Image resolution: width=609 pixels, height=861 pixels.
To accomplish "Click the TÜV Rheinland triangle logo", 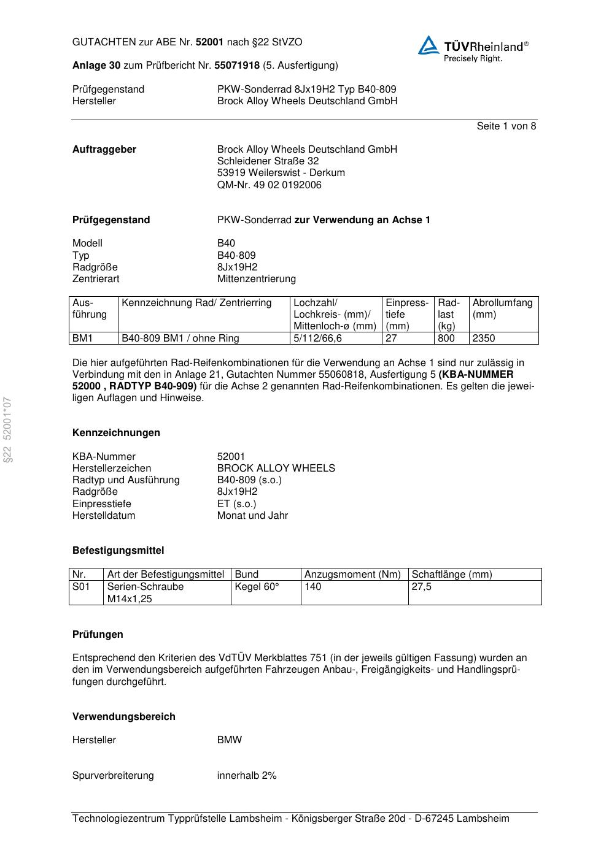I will (x=429, y=45).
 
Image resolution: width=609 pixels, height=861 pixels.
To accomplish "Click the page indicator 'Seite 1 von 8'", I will (x=506, y=126).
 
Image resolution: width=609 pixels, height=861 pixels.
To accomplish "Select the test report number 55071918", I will (x=236, y=66).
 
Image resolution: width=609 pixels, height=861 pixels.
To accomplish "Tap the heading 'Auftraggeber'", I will (x=104, y=150).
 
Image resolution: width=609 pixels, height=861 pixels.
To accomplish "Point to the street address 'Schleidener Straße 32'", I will (x=268, y=161).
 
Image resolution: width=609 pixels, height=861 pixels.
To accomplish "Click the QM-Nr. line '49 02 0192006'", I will (x=269, y=185).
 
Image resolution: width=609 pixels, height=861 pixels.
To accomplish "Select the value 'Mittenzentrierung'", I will (x=256, y=279).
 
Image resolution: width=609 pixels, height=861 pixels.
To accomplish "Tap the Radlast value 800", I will (x=446, y=339).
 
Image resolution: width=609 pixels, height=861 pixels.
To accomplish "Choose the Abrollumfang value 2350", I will (x=484, y=339).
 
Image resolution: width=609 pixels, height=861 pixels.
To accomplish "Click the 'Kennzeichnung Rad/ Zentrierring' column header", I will (x=196, y=303).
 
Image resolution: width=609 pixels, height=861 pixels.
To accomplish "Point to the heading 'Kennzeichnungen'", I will (x=116, y=433).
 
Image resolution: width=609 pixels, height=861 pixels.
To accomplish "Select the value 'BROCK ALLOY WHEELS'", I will (x=276, y=469).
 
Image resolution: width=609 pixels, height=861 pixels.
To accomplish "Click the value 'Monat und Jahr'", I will (x=252, y=516).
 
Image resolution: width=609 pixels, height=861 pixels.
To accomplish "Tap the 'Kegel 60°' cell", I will (x=257, y=587).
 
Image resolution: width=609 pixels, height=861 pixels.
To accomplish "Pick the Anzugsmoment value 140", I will (x=313, y=587).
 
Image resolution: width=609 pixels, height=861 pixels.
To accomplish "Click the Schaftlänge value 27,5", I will (x=421, y=587).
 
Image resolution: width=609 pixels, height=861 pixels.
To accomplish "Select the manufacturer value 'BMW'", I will (x=230, y=740).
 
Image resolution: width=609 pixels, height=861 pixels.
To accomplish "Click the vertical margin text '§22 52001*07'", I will (x=7, y=430).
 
